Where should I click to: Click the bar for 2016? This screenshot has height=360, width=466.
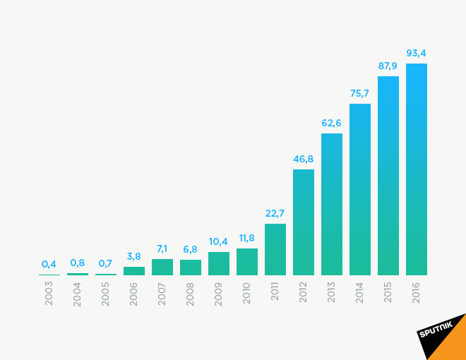pyautogui.click(x=417, y=169)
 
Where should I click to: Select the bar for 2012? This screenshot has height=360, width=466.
pyautogui.click(x=304, y=222)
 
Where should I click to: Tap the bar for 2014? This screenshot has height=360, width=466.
pyautogui.click(x=360, y=189)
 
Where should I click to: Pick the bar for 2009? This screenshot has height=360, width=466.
pyautogui.click(x=219, y=263)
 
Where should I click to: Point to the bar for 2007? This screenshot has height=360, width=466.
pyautogui.click(x=162, y=267)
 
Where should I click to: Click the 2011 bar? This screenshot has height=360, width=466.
pyautogui.click(x=275, y=249)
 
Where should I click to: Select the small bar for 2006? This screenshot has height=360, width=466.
pyautogui.click(x=134, y=271)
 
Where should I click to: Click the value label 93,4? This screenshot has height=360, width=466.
pyautogui.click(x=417, y=53)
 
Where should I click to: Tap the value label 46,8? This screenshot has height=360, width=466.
pyautogui.click(x=304, y=159)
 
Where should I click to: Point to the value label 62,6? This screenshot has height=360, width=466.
pyautogui.click(x=332, y=123)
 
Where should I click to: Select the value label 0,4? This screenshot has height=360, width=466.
pyautogui.click(x=49, y=264)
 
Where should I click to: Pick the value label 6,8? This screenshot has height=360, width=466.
pyautogui.click(x=191, y=249)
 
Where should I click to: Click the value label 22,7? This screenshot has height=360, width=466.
pyautogui.click(x=275, y=213)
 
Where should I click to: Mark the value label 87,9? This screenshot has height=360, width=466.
pyautogui.click(x=388, y=66)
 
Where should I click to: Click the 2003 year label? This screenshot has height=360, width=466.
pyautogui.click(x=49, y=293)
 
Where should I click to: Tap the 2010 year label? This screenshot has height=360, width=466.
pyautogui.click(x=247, y=293)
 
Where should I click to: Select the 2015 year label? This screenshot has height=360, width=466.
pyautogui.click(x=388, y=293)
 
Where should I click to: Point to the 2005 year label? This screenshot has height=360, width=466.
pyautogui.click(x=106, y=293)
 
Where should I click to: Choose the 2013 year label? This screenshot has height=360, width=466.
pyautogui.click(x=332, y=293)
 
